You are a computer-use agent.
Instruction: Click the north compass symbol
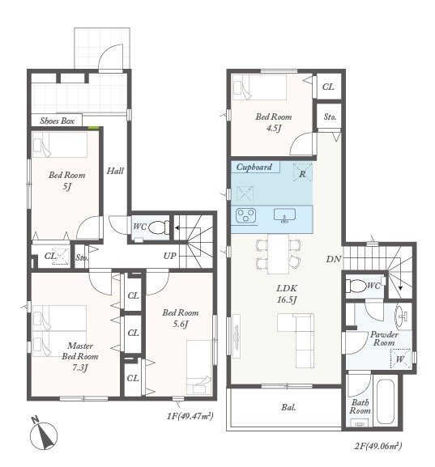pyautogui.click(x=44, y=434)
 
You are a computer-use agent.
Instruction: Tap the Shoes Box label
pyautogui.click(x=57, y=121)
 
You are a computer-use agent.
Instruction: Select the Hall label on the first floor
pyautogui.click(x=115, y=171)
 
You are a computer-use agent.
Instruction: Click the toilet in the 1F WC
pyautogui.click(x=158, y=228)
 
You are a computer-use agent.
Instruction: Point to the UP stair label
pyautogui.click(x=169, y=256)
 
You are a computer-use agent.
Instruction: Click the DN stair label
pyautogui.click(x=333, y=259)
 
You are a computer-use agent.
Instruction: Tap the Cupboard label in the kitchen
pyautogui.click(x=254, y=167)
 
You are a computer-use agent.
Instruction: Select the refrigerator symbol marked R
pyautogui.click(x=303, y=172)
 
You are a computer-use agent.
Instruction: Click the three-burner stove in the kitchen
pyautogui.click(x=246, y=215)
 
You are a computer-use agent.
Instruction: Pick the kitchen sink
pyautogui.click(x=284, y=215)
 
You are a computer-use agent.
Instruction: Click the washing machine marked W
pyautogui.click(x=400, y=359)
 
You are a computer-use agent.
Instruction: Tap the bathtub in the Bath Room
pyautogui.click(x=386, y=401)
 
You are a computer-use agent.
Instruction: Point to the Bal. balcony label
pyautogui.click(x=288, y=407)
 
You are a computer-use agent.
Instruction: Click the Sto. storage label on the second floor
pyautogui.click(x=330, y=117)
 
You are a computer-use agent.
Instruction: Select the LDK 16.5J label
pyautogui.click(x=287, y=294)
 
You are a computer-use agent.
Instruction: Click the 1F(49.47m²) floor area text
pyautogui.click(x=190, y=416)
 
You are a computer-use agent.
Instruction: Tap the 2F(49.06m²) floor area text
pyautogui.click(x=378, y=446)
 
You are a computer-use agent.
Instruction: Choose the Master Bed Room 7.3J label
pyautogui.click(x=80, y=356)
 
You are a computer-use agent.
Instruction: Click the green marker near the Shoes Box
pyautogui.click(x=93, y=128)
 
